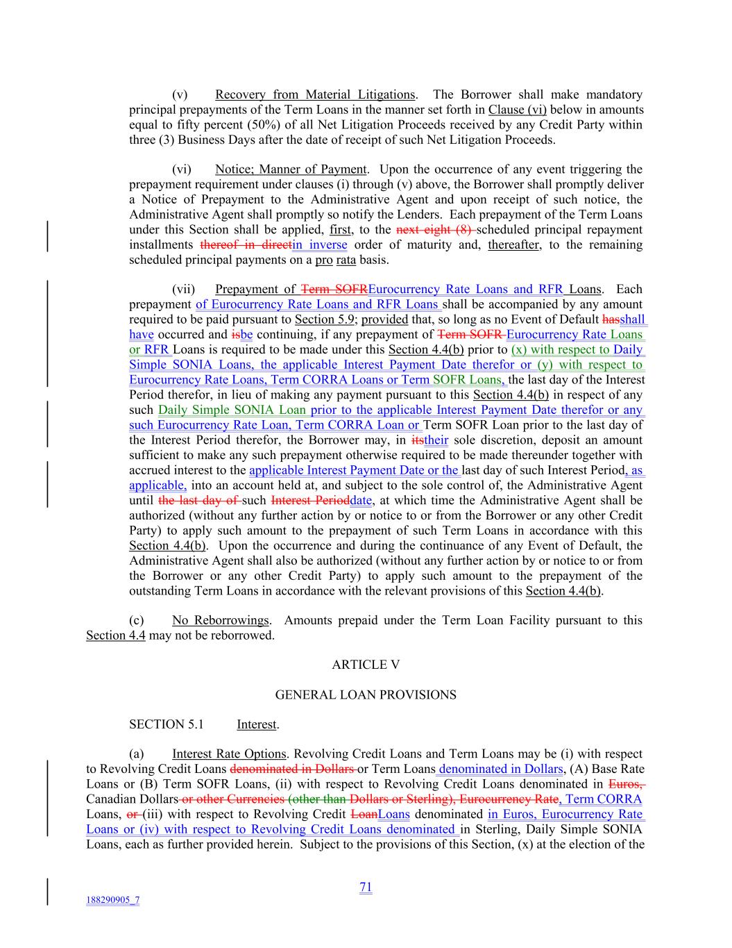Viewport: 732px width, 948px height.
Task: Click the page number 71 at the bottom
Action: click(366, 887)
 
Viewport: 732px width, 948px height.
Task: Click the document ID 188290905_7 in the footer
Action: click(112, 900)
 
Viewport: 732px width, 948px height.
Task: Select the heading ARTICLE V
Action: click(366, 665)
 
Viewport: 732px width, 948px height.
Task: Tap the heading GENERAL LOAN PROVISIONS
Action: click(366, 695)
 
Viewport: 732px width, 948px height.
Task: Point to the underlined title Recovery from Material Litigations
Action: click(315, 94)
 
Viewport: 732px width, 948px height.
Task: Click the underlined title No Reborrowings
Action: click(220, 620)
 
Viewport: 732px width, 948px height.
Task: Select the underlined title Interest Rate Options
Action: click(229, 754)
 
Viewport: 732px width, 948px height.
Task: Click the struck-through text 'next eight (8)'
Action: click(434, 230)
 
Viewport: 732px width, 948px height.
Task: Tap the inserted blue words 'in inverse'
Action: click(320, 244)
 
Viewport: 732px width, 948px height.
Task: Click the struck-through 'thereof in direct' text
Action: click(246, 244)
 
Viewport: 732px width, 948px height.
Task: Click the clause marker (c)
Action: click(137, 620)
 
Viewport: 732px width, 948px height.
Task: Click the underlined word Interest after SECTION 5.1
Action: click(257, 724)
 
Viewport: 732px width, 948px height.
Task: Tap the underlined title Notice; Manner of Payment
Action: click(290, 169)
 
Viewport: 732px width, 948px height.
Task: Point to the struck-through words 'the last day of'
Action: click(198, 500)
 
